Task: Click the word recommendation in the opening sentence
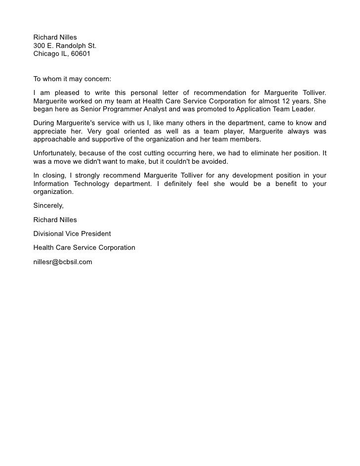pyautogui.click(x=220, y=93)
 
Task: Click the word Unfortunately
pyautogui.click(x=54, y=153)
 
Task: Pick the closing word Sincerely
pyautogui.click(x=48, y=205)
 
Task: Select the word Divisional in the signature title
pyautogui.click(x=48, y=233)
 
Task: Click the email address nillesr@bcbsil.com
pyautogui.click(x=63, y=262)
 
